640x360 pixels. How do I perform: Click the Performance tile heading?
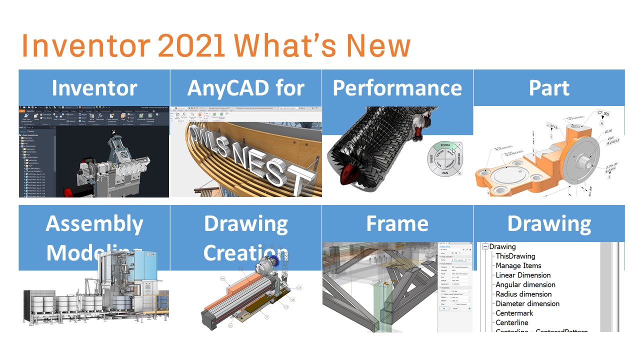click(397, 88)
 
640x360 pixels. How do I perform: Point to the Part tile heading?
click(549, 88)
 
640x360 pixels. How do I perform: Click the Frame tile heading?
click(397, 223)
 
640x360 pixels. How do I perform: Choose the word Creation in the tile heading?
click(245, 253)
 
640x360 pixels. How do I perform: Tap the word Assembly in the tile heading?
click(94, 223)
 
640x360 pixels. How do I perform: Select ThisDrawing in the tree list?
click(515, 256)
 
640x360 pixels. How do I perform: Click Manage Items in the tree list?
click(518, 265)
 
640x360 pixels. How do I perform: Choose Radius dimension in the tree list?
click(523, 294)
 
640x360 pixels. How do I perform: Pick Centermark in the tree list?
click(514, 313)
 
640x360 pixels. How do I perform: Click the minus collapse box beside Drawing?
click(484, 246)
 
